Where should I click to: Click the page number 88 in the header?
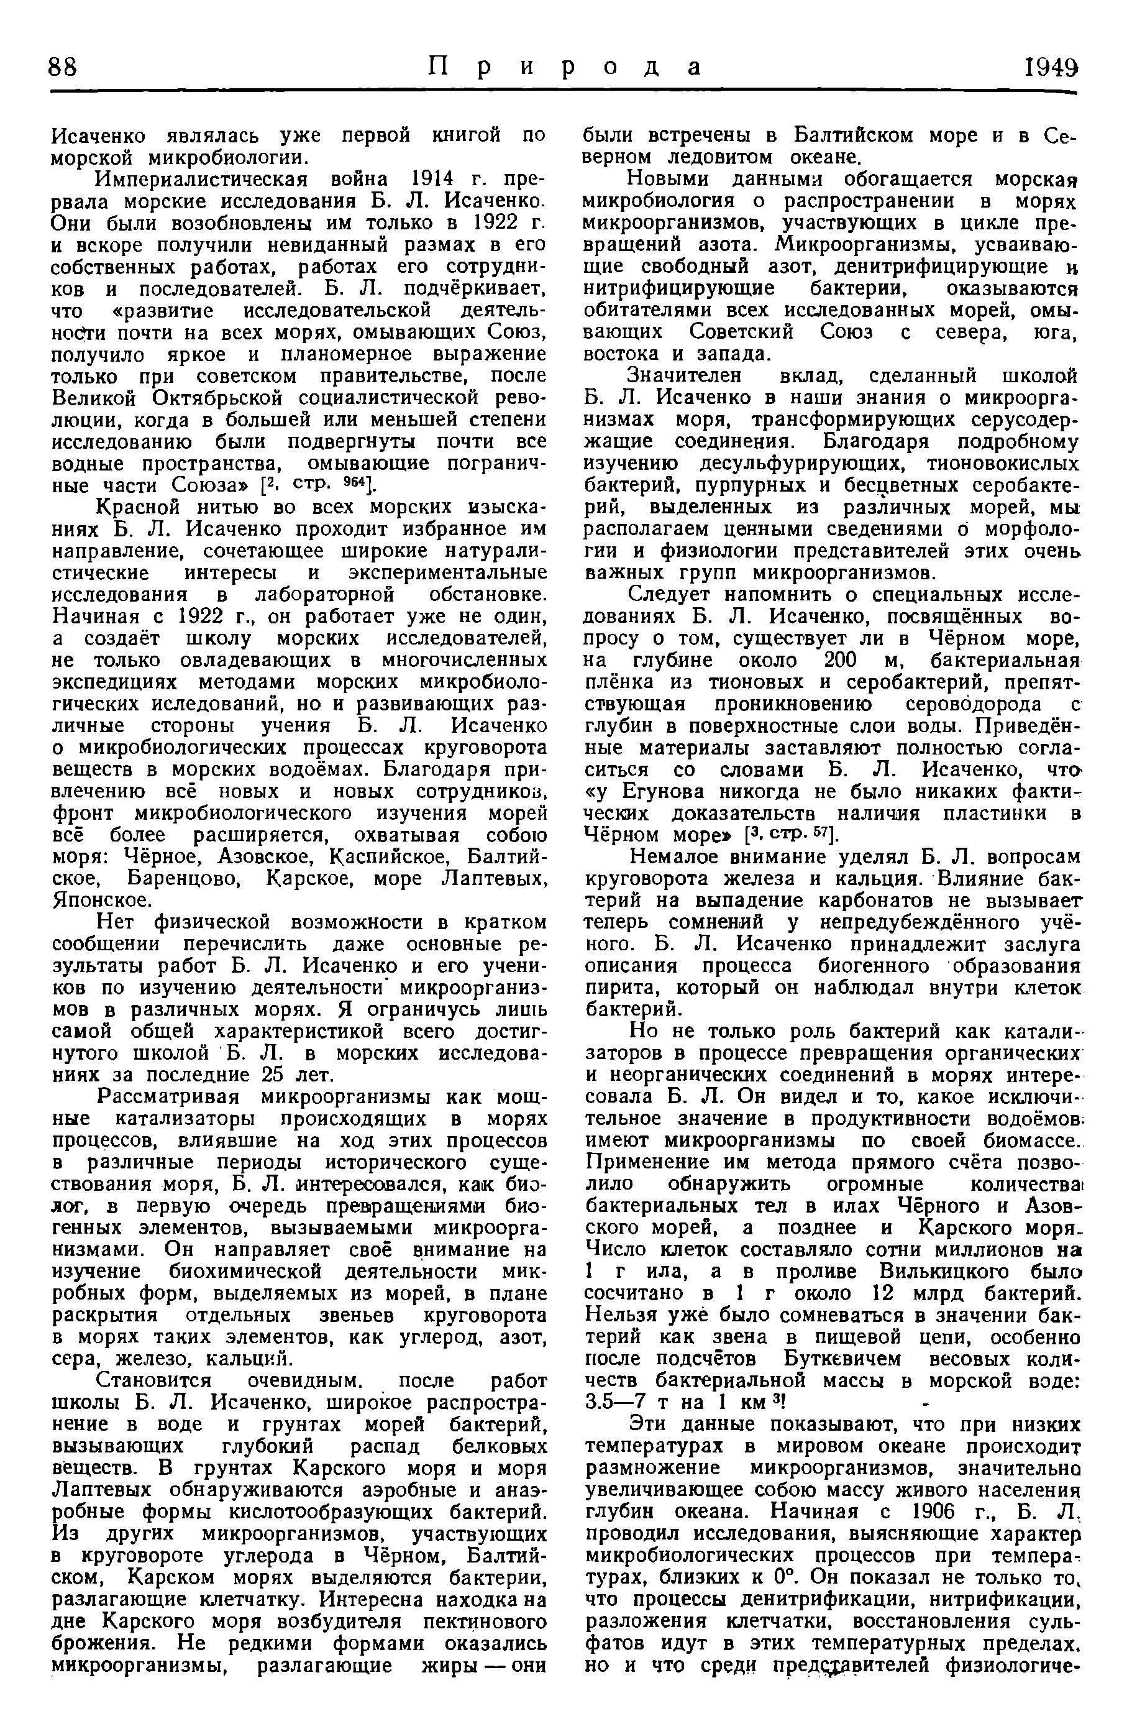[x=63, y=68]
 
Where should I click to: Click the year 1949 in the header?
[x=1048, y=68]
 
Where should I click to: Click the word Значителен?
[x=685, y=377]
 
